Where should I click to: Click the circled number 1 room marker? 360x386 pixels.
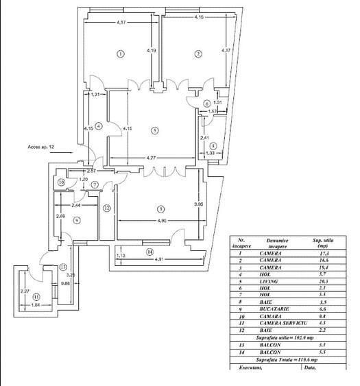[x=120, y=53]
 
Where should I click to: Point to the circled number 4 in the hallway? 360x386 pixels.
[x=99, y=125]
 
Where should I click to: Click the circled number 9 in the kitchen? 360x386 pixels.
[x=77, y=220]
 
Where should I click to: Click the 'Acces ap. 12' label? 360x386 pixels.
[x=41, y=146]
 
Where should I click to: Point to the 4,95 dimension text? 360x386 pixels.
[x=161, y=221]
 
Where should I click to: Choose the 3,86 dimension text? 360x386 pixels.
[x=197, y=204]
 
